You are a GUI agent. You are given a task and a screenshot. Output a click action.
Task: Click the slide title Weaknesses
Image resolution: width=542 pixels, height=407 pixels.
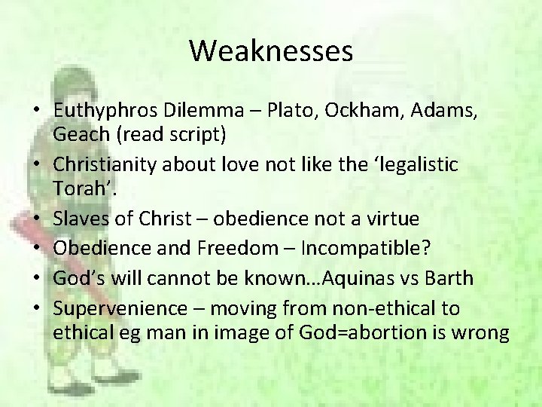click(271, 51)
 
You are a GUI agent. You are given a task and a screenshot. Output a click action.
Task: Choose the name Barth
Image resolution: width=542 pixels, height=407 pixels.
click(449, 277)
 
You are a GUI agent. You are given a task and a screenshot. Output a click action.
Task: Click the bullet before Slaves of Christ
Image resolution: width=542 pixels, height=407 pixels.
click(38, 218)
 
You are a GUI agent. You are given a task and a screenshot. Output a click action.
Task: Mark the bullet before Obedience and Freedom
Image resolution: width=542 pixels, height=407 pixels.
click(38, 248)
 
